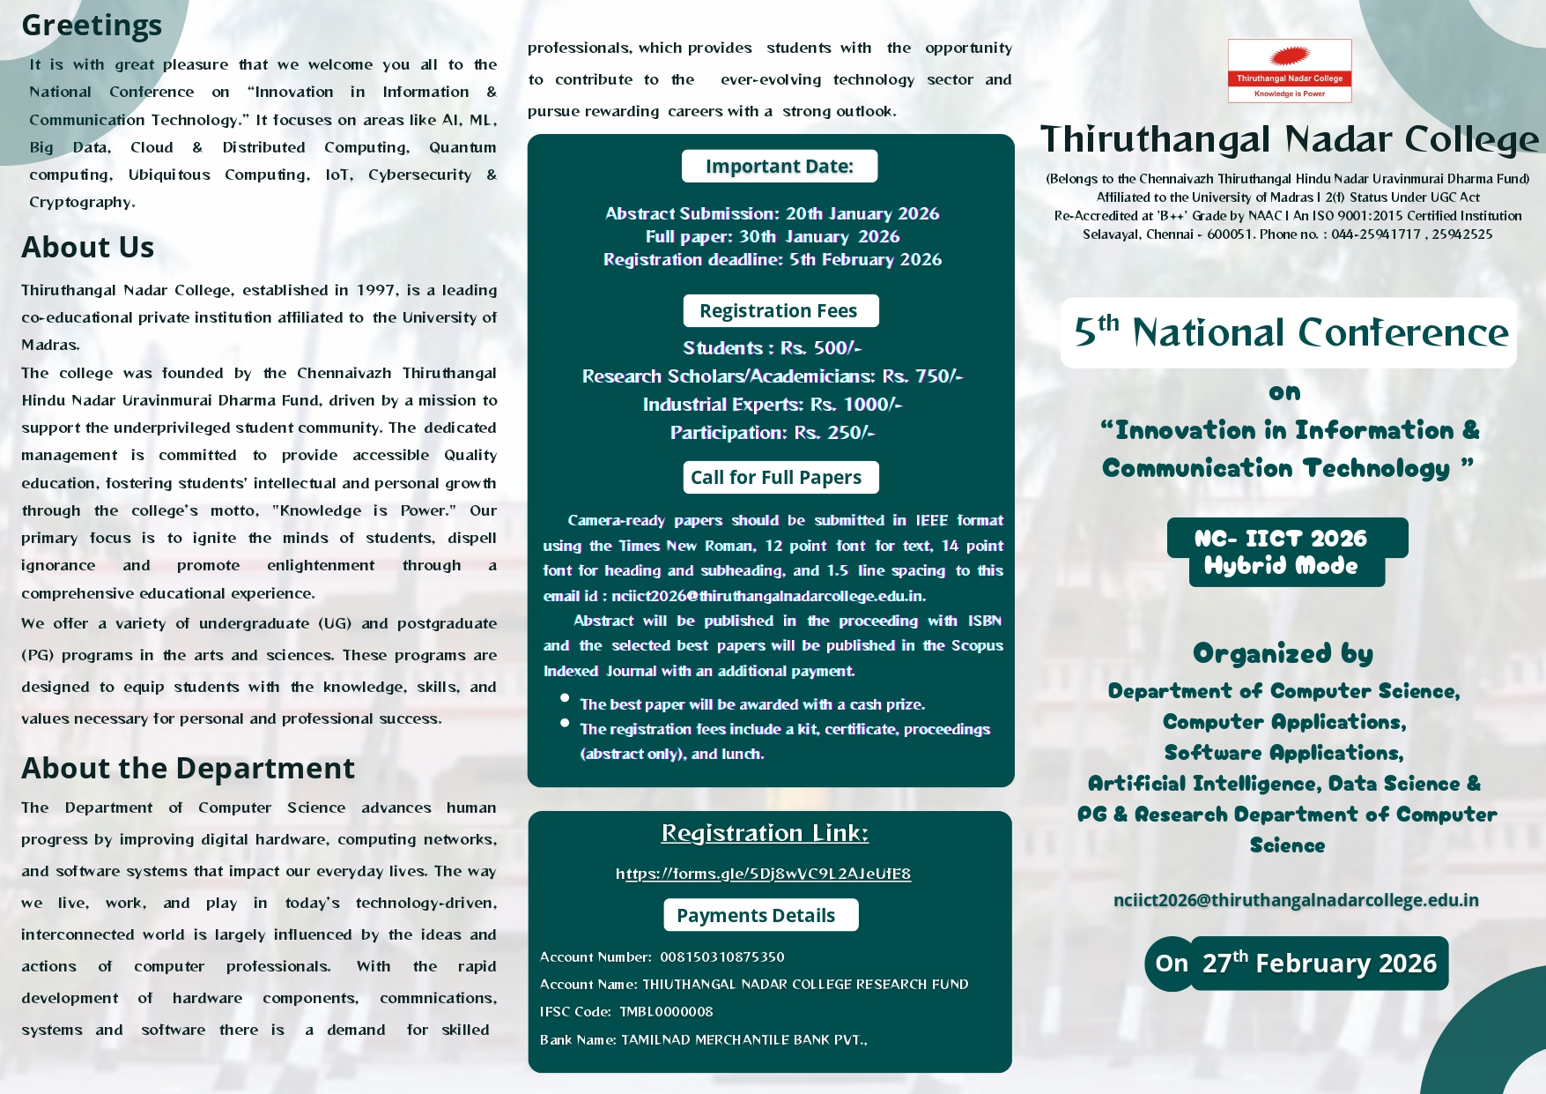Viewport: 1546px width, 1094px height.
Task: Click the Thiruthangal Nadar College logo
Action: click(x=1289, y=71)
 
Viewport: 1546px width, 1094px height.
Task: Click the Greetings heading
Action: click(x=92, y=26)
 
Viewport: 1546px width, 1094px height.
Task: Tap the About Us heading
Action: click(x=88, y=248)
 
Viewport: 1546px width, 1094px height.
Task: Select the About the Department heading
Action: click(x=188, y=769)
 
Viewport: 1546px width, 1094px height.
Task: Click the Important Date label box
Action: click(x=779, y=167)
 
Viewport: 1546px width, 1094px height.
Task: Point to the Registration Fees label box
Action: click(x=780, y=311)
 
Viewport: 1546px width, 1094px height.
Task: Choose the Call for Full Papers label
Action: click(x=780, y=478)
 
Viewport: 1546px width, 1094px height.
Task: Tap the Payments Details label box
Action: click(x=759, y=915)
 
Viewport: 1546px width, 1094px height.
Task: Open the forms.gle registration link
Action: click(x=763, y=874)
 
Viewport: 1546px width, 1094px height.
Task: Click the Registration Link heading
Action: click(x=765, y=833)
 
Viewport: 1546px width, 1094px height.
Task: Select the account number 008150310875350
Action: click(x=721, y=957)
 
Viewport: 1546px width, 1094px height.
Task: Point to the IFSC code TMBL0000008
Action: click(x=666, y=1012)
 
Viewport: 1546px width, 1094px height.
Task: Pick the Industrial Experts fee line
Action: click(x=772, y=405)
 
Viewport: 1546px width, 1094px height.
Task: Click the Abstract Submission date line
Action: click(x=772, y=213)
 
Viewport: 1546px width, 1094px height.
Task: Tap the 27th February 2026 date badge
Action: click(x=1318, y=964)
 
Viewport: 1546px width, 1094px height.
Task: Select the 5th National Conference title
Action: click(x=1290, y=332)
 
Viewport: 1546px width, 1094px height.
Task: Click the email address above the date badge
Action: click(x=1296, y=900)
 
